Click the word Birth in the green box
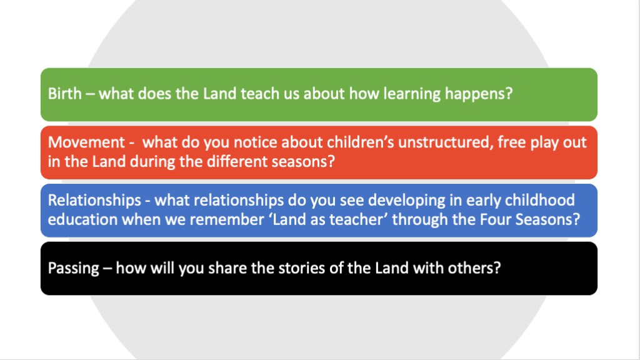point(65,94)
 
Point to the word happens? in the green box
point(478,94)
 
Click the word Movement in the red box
point(86,142)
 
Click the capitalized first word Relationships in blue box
point(95,201)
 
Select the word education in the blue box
point(83,219)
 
